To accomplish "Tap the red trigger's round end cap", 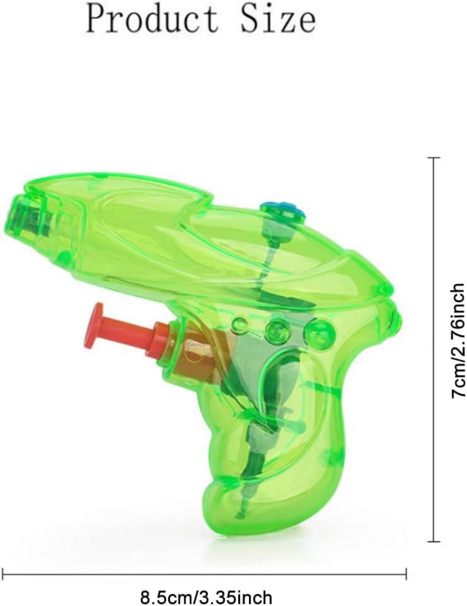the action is coord(97,326).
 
